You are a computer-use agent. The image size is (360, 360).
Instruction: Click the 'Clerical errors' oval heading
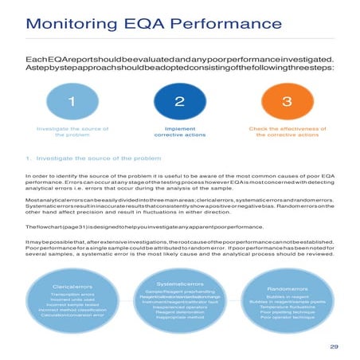tap(72, 284)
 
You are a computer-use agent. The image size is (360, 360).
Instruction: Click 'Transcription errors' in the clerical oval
tap(72, 295)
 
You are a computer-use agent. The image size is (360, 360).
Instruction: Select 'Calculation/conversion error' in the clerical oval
tap(72, 316)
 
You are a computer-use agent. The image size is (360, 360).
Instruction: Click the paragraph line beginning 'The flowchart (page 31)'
tap(151, 228)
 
